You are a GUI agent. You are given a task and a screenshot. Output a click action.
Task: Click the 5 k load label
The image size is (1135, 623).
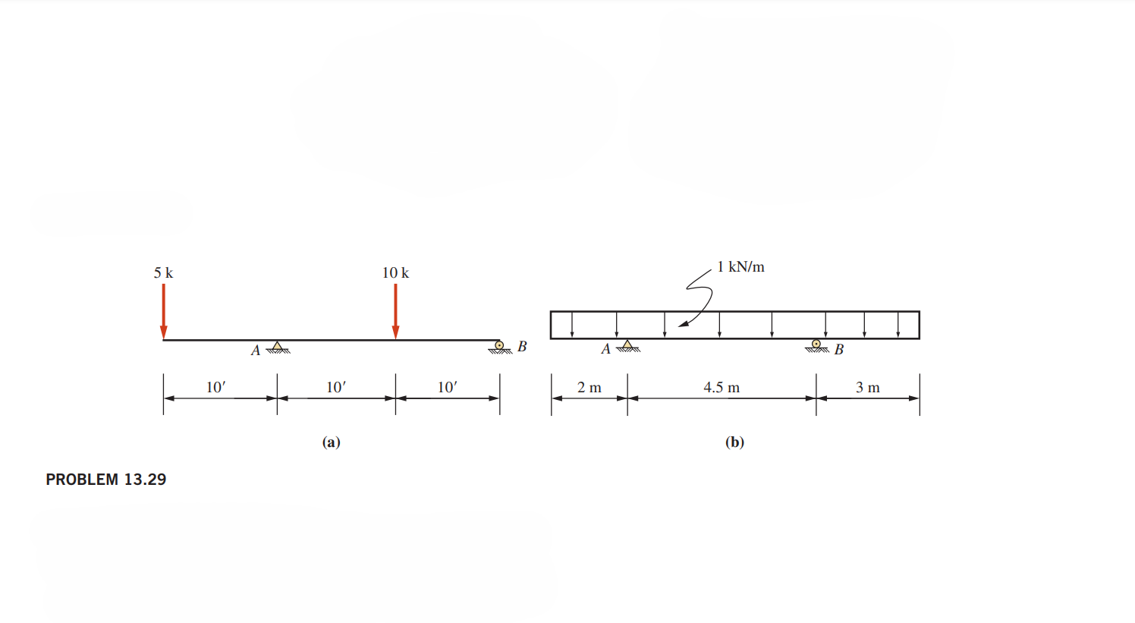(163, 272)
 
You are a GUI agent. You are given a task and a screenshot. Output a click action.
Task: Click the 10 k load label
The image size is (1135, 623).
(395, 272)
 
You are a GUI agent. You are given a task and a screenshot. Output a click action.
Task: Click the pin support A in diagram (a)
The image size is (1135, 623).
(278, 348)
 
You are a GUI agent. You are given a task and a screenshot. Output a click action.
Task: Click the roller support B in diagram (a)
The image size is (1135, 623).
(499, 347)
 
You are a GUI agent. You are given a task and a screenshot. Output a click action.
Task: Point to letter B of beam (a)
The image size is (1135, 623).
(522, 347)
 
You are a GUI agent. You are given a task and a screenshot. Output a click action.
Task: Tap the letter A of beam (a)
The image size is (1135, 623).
(256, 351)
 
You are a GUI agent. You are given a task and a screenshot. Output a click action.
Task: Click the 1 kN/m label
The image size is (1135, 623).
(740, 267)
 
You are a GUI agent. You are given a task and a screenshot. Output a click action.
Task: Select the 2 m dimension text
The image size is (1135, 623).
(589, 388)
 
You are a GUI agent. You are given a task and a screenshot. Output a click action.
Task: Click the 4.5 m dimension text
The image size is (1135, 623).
(721, 388)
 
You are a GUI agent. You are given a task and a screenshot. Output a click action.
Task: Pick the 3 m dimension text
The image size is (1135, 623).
(867, 388)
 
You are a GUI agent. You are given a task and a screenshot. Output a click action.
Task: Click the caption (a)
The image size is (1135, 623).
(331, 442)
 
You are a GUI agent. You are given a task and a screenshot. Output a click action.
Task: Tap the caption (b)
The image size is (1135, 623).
(734, 442)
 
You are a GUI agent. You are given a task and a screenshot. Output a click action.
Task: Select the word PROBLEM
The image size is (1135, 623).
(82, 480)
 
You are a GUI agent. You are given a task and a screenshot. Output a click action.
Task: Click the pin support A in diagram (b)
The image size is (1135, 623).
(627, 346)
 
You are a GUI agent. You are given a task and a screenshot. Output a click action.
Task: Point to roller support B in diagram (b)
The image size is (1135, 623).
(816, 346)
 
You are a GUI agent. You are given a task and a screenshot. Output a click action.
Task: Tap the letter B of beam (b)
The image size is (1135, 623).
(838, 350)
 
